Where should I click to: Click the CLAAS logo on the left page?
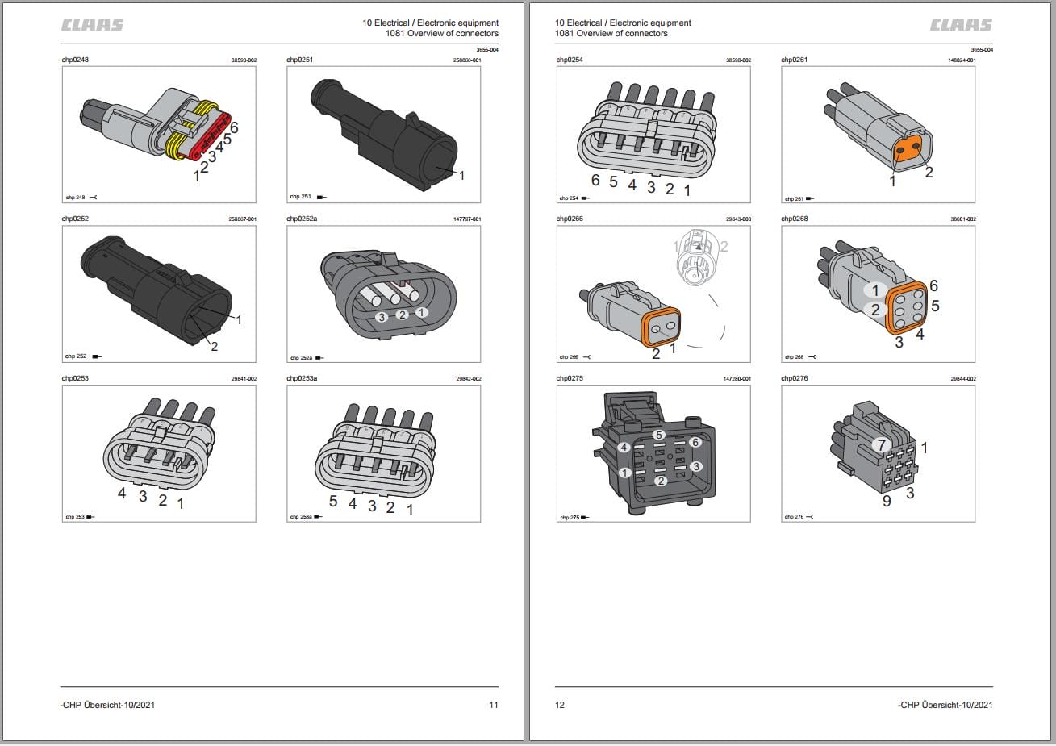[x=93, y=25]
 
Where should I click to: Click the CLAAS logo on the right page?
[x=962, y=25]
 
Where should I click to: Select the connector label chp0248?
[x=75, y=60]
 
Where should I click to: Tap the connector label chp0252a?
[x=302, y=219]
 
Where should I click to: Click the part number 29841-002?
[x=243, y=379]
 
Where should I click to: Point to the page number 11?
[x=493, y=705]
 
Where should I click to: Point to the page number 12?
[x=560, y=705]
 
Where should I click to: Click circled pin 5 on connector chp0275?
[x=659, y=435]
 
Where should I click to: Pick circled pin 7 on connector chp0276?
[x=881, y=444]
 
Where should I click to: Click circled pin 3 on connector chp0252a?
[x=382, y=317]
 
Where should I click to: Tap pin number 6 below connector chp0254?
[x=595, y=181]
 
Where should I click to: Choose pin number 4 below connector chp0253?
[x=122, y=493]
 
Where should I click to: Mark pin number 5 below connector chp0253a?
[x=332, y=501]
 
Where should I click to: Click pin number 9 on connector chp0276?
[x=887, y=502]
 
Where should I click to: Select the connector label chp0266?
[x=570, y=219]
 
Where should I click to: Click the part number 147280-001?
[x=737, y=379]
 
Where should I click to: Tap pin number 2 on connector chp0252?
[x=215, y=346]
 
